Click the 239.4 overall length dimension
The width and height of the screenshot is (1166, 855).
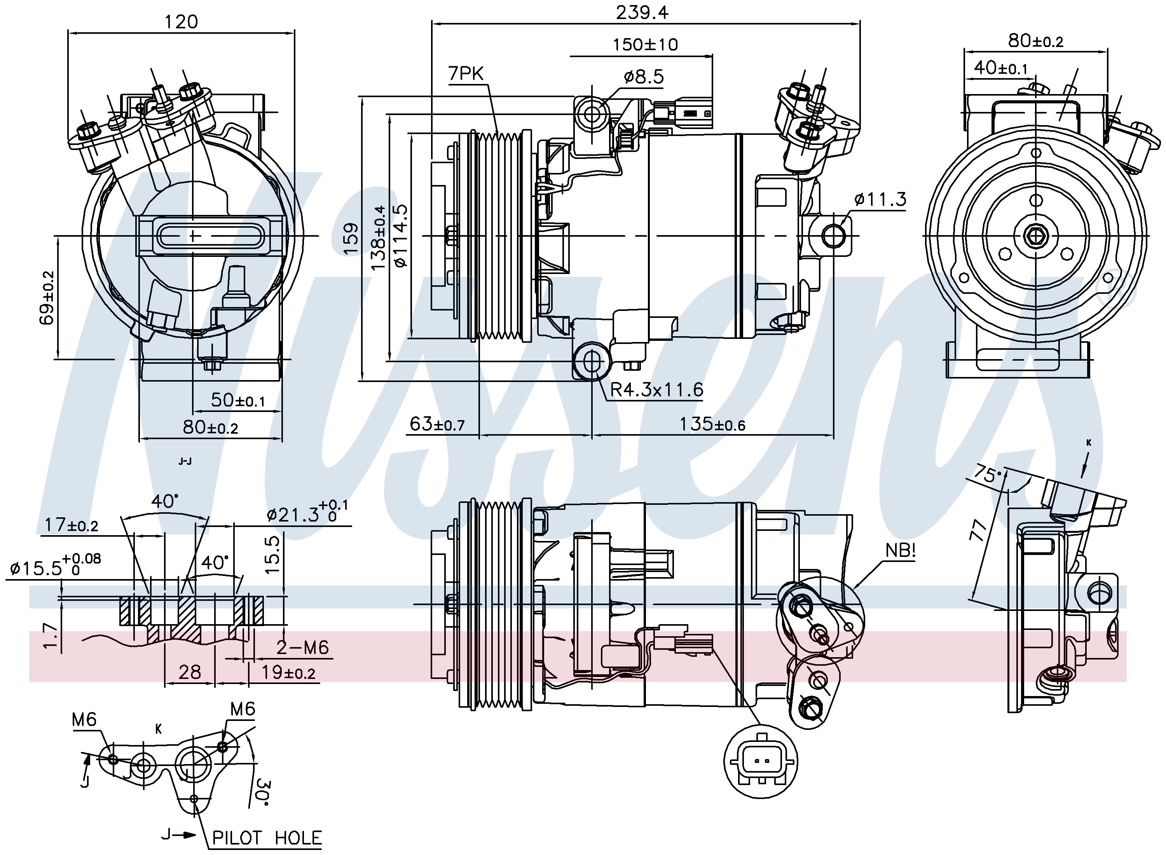(642, 12)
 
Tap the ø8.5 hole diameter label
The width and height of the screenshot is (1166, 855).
(643, 77)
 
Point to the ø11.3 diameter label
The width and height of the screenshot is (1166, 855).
(880, 199)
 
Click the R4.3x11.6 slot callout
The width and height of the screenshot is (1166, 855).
(656, 389)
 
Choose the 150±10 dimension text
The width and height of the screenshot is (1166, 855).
(645, 45)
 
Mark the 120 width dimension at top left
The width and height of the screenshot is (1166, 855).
(181, 22)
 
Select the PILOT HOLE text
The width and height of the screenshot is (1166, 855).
(267, 838)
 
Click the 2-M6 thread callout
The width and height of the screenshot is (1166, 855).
(303, 647)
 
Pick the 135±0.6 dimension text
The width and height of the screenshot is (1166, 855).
(712, 424)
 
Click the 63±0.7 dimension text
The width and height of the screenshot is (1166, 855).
(437, 424)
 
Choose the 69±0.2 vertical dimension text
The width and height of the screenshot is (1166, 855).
(47, 298)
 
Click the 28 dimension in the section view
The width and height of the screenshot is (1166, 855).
(189, 672)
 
